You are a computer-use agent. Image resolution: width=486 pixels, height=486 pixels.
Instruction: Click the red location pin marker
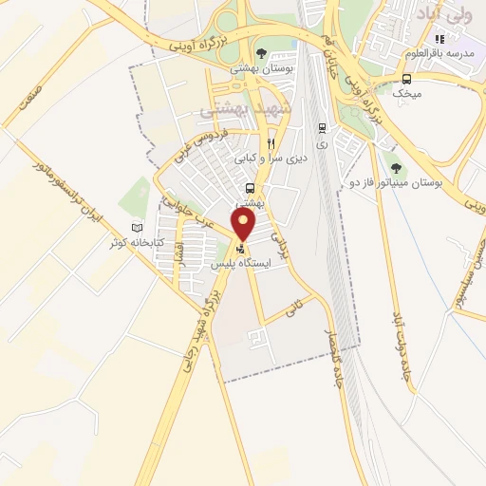(x=245, y=224)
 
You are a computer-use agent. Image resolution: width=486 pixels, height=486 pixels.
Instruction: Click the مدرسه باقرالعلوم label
(x=438, y=54)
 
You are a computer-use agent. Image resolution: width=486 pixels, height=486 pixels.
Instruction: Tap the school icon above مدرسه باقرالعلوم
(x=439, y=40)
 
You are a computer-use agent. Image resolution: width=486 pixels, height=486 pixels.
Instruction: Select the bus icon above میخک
(x=407, y=79)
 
